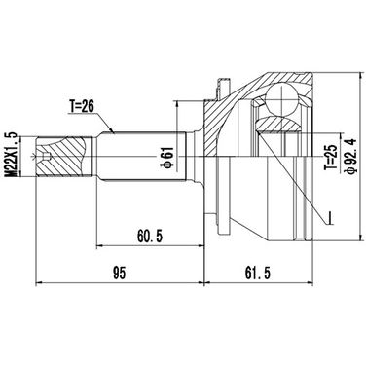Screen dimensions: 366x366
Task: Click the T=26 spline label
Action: click(81, 106)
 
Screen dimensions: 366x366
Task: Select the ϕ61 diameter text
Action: click(167, 158)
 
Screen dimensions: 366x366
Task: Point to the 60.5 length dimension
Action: click(150, 236)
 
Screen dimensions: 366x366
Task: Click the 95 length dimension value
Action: click(119, 273)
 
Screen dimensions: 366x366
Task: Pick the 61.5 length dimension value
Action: click(258, 273)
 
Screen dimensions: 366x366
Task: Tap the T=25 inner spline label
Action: click(332, 158)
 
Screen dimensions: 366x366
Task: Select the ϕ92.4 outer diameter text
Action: click(351, 156)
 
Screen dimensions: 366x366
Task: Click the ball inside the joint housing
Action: click(281, 98)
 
